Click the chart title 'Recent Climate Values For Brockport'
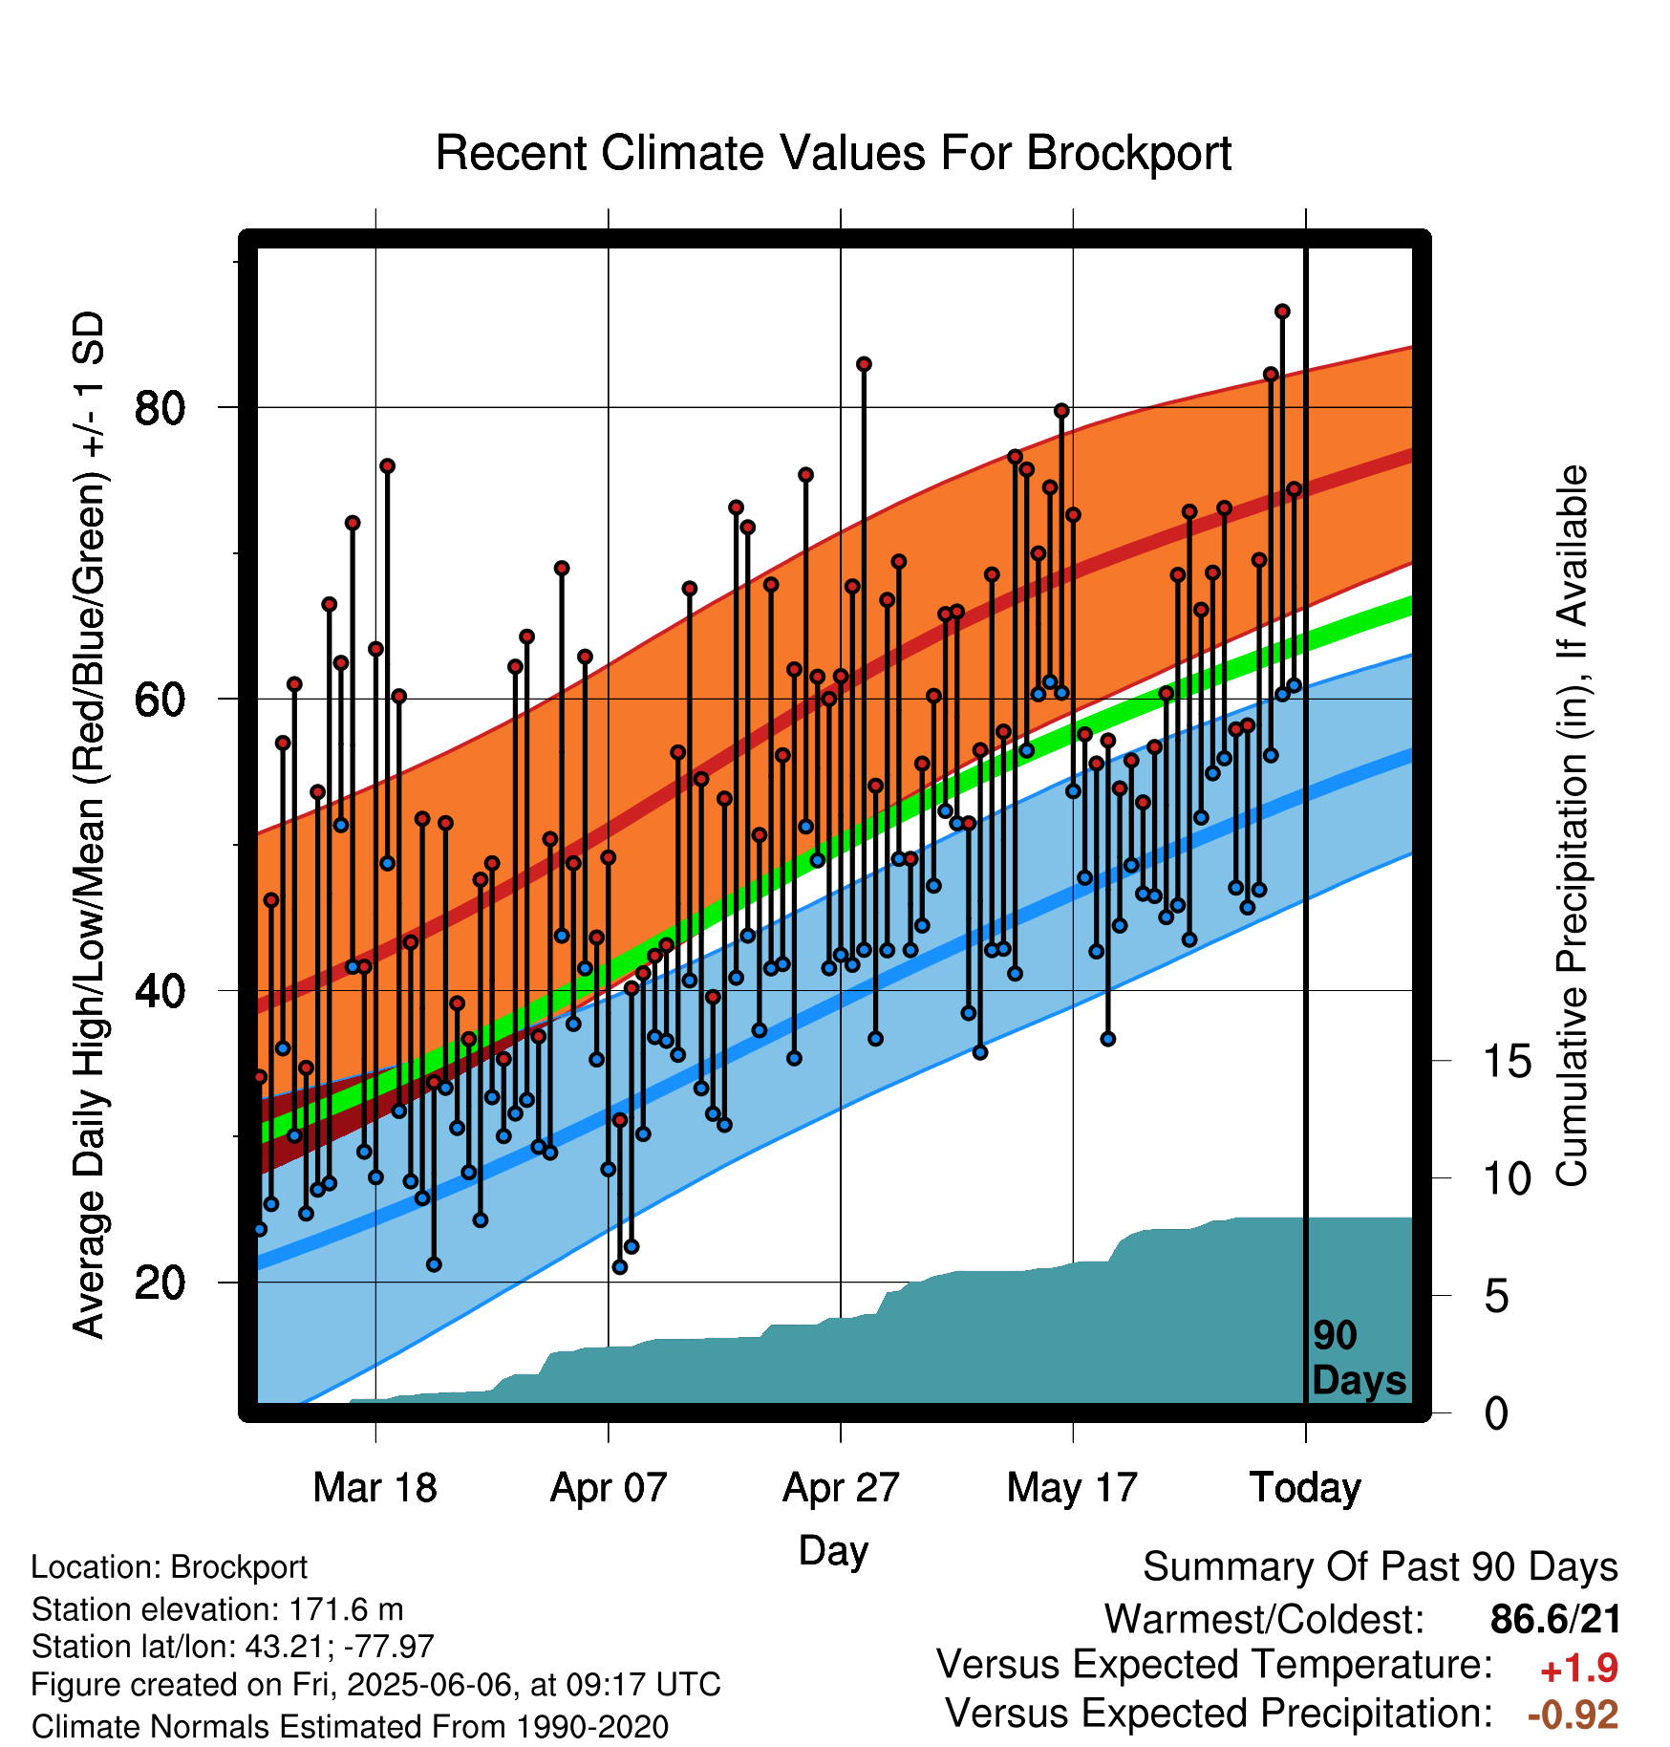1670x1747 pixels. point(833,153)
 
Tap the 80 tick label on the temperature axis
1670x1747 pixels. point(160,408)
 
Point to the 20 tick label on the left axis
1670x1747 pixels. point(160,1282)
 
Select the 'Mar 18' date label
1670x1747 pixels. point(375,1487)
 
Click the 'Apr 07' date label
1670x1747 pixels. point(608,1487)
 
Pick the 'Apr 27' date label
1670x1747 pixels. point(841,1487)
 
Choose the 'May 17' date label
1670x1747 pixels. point(1072,1487)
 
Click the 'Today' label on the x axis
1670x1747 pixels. point(1305,1487)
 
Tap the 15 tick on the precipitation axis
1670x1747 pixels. point(1507,1061)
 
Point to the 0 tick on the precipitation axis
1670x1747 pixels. point(1496,1413)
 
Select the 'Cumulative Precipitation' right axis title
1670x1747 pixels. point(1572,827)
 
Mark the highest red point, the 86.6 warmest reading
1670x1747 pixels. point(1282,312)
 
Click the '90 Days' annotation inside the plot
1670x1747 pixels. point(1359,1358)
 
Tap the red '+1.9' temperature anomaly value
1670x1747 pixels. point(1579,1669)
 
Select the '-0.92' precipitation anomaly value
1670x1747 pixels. point(1573,1715)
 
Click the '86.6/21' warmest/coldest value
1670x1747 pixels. point(1555,1619)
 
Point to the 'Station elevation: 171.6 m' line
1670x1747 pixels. point(218,1609)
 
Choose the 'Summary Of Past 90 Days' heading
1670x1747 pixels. point(1381,1567)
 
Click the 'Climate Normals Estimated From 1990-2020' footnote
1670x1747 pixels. point(350,1727)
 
